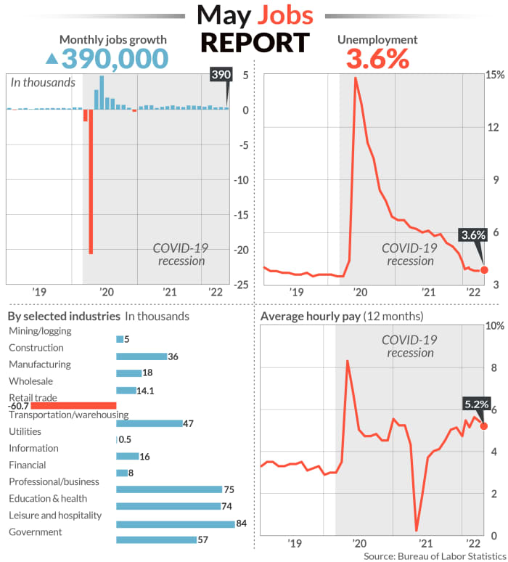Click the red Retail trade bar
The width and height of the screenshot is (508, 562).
pos(73,406)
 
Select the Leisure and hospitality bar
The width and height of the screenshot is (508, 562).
pos(175,523)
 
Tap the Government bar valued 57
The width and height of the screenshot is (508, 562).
pos(156,539)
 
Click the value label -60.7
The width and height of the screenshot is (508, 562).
pos(19,406)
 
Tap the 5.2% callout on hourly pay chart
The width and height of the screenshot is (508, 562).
pos(477,404)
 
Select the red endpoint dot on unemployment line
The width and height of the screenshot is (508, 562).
pos(485,270)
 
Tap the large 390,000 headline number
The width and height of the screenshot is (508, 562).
pos(115,58)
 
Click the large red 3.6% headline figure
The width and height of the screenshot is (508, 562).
pos(377,59)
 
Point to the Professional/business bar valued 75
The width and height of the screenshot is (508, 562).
pos(169,489)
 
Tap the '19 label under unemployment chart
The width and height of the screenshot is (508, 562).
pos(296,292)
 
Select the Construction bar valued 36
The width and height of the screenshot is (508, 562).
pos(142,357)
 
